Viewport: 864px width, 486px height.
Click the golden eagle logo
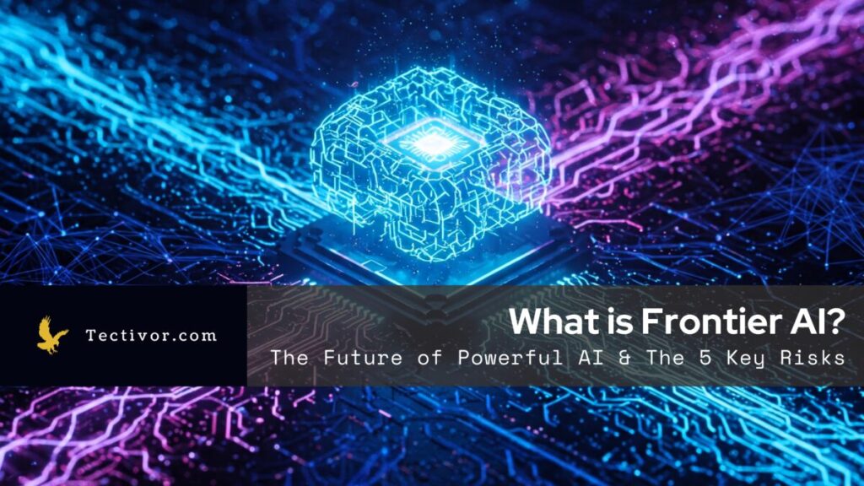tap(52, 335)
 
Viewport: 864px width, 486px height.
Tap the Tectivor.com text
tap(151, 335)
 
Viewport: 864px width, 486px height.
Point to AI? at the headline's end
tap(814, 321)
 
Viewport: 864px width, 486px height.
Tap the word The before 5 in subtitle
tap(663, 357)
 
